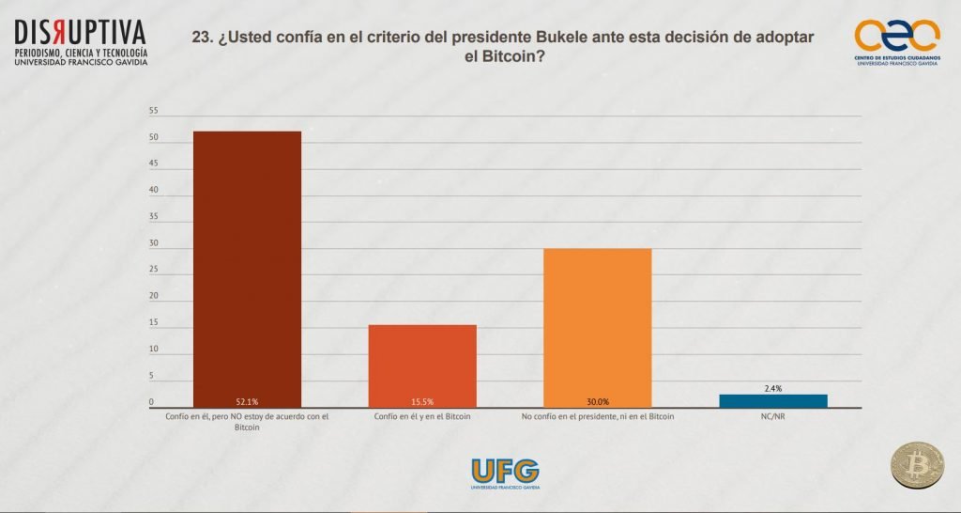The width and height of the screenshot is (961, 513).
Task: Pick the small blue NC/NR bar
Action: coord(772,400)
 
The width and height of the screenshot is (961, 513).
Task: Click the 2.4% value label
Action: coord(773,388)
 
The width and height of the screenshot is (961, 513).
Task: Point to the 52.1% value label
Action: coord(247,402)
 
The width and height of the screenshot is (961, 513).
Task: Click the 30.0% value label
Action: coord(597,402)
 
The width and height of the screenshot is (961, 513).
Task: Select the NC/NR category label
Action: coord(772,415)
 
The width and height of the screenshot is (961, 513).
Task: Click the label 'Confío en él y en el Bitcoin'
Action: coord(421,415)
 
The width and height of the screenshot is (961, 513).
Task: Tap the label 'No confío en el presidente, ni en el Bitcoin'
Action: coord(597,415)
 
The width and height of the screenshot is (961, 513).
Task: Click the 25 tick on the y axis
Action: coord(153,271)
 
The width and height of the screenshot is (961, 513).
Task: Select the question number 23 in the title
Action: coord(201,36)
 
